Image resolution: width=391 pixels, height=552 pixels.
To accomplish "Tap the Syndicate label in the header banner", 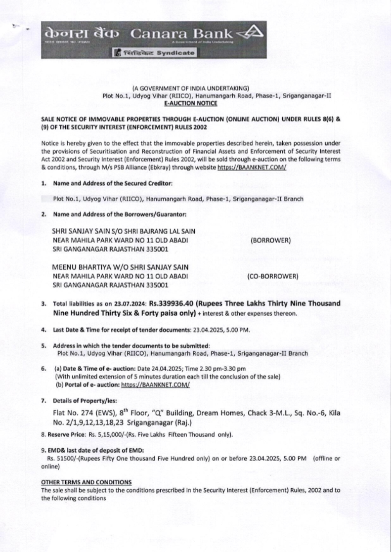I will click(x=176, y=53).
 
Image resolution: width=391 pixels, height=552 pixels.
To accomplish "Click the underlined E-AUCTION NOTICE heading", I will click(x=191, y=103).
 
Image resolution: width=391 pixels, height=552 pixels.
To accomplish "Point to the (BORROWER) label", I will click(x=271, y=240).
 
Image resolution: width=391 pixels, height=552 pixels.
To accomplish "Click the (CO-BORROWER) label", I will click(x=273, y=276).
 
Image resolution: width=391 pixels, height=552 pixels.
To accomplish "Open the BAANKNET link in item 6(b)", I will click(x=155, y=385).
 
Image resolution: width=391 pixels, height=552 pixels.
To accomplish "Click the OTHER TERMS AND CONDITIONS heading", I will click(x=86, y=482).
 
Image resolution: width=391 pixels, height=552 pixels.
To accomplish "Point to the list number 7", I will click(x=43, y=401).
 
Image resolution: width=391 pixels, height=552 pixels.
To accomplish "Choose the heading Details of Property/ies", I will click(x=84, y=401).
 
